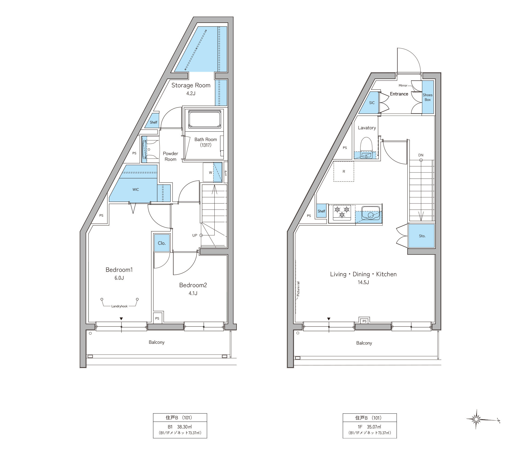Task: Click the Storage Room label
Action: pyautogui.click(x=191, y=85)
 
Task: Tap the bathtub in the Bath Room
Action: pyautogui.click(x=205, y=119)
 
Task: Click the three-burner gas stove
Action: pyautogui.click(x=342, y=212)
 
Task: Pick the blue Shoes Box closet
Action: pyautogui.click(x=428, y=97)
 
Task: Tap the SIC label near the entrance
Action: pyautogui.click(x=372, y=103)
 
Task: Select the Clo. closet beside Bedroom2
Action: pyautogui.click(x=162, y=243)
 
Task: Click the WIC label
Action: pyautogui.click(x=136, y=189)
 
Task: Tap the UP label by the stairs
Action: pyautogui.click(x=195, y=235)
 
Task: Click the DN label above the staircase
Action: pyautogui.click(x=421, y=155)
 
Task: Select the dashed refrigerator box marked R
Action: pyautogui.click(x=344, y=171)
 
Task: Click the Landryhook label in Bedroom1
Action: pyautogui.click(x=119, y=306)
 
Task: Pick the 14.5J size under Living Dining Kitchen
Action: pyautogui.click(x=363, y=282)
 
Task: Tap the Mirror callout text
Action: pyautogui.click(x=403, y=85)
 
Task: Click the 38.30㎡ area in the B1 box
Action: pyautogui.click(x=184, y=427)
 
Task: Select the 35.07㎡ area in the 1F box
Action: pyautogui.click(x=374, y=427)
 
